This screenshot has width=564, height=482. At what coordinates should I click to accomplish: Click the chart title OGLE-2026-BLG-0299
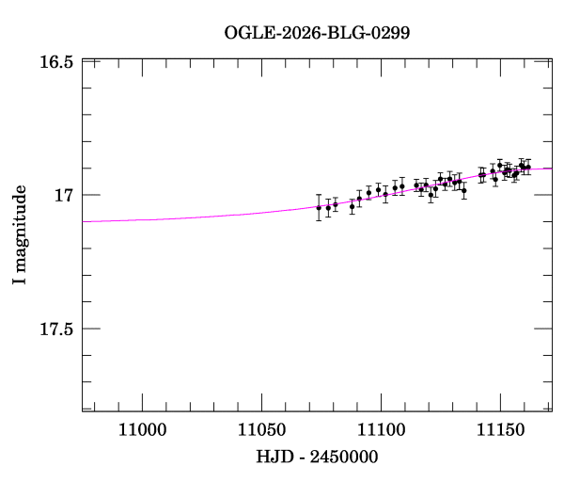317,33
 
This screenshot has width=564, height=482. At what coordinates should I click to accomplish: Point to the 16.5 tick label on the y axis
56,62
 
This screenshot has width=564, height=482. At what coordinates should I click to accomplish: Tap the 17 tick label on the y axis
64,196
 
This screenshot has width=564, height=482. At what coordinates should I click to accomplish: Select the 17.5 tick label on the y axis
56,329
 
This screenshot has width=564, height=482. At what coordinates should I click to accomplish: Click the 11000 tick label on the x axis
143,430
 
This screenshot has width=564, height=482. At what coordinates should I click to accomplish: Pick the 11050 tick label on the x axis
262,430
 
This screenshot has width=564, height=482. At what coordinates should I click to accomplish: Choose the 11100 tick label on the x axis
382,430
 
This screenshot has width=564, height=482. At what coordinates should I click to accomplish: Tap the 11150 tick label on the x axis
501,430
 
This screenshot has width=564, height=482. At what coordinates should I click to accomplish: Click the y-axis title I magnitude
20,234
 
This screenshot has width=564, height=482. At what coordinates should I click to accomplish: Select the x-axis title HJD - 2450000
317,457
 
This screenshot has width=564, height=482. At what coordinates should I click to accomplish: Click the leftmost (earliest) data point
319,208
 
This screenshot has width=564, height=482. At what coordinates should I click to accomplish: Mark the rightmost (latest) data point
528,168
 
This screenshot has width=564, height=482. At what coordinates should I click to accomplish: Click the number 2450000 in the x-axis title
344,457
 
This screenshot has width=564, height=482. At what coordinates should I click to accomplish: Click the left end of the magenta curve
83,221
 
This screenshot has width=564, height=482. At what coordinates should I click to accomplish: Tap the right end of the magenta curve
552,169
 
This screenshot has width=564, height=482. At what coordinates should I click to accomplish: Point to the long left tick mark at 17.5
91,329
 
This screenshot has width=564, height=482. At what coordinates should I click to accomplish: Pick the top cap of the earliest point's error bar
319,195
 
